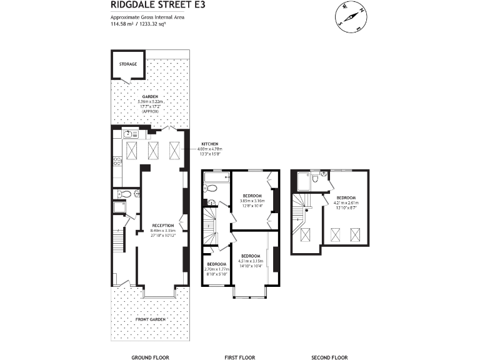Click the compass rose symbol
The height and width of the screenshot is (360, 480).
[x=350, y=17]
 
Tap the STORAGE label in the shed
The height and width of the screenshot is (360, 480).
[x=128, y=64]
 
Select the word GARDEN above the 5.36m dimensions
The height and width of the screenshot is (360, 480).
[x=149, y=97]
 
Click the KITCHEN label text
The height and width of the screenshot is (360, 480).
[x=210, y=144]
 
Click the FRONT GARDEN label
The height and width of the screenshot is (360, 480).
[x=150, y=319]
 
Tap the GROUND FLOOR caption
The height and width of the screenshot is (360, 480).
[x=150, y=357]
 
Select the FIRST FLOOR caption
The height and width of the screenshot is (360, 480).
[x=240, y=357]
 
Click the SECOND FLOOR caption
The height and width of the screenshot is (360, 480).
[x=329, y=357]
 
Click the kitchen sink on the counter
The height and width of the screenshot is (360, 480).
[x=128, y=134]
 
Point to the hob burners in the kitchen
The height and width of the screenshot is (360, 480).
[x=116, y=161]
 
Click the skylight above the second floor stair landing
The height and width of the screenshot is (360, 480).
[x=306, y=236]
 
